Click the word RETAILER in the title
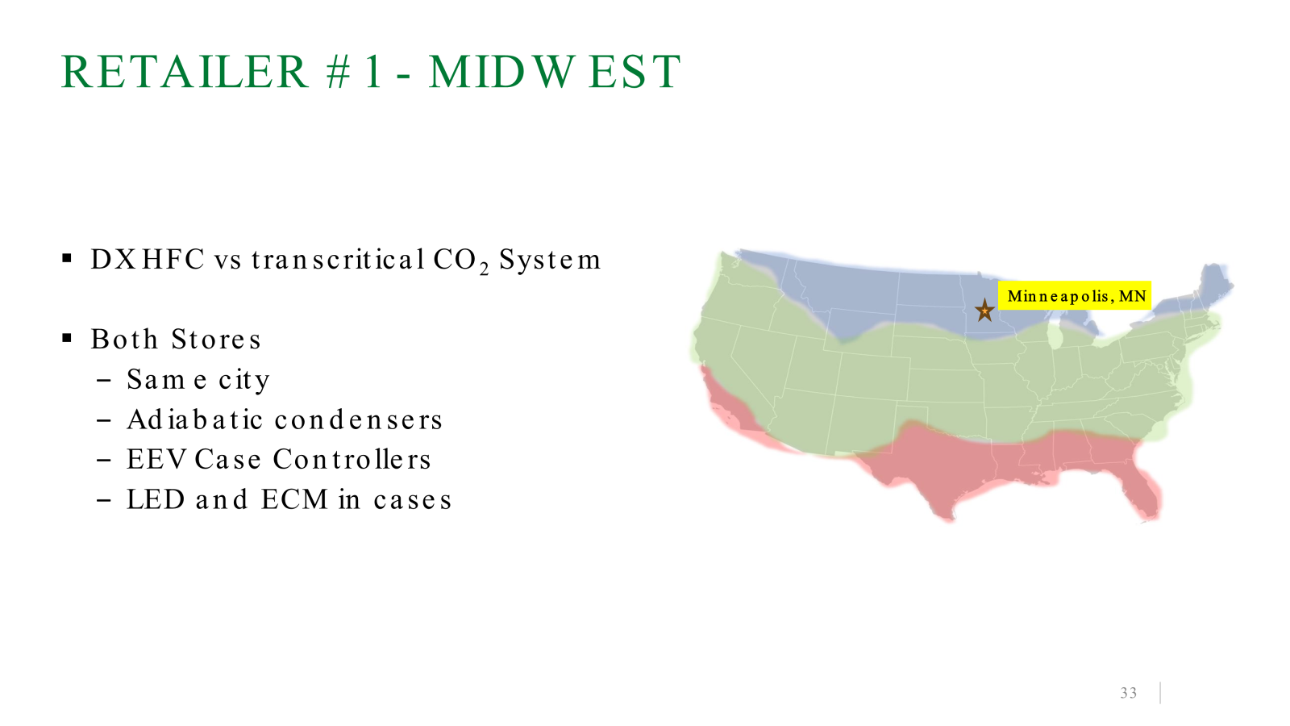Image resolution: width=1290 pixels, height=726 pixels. tap(185, 72)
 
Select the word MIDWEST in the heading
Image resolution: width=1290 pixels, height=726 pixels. tap(555, 72)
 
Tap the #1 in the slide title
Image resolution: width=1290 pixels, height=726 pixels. tap(354, 72)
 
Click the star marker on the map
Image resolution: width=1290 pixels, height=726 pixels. tap(984, 311)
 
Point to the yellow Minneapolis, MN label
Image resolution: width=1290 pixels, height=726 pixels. tap(1075, 295)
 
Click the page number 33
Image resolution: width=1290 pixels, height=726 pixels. tap(1128, 693)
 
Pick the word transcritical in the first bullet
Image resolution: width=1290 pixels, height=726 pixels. tap(338, 259)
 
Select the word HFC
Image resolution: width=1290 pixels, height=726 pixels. tap(173, 259)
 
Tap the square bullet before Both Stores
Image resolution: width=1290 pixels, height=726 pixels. tap(67, 338)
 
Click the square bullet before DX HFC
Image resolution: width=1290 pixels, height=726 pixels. tap(67, 258)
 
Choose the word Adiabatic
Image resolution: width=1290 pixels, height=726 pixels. tap(195, 419)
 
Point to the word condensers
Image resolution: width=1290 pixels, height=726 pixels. tap(358, 419)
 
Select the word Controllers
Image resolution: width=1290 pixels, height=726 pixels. tap(352, 459)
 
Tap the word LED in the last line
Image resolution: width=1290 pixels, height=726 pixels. tap(156, 499)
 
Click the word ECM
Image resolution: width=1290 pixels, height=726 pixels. tap(294, 499)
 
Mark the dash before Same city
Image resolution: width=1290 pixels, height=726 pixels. tap(104, 380)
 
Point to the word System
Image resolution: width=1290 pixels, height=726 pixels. tap(550, 261)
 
